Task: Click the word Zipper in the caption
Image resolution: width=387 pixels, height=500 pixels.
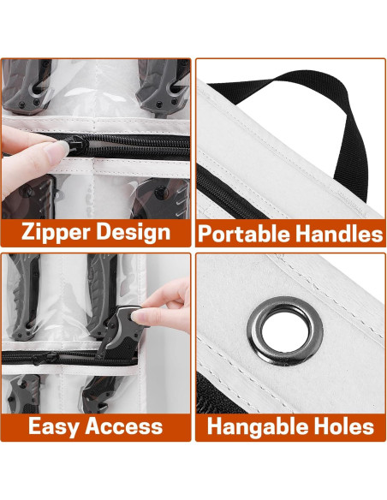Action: pos(57,232)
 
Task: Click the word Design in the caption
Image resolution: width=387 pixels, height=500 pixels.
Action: pos(134,232)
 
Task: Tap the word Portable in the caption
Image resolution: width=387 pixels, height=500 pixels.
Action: pos(244,234)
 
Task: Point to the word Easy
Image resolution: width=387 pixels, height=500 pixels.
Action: pos(54,426)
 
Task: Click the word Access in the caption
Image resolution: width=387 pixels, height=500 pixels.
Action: pos(124,426)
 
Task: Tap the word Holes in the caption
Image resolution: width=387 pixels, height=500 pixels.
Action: pos(344,426)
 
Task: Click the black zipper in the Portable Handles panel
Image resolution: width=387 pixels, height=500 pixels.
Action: pos(229,195)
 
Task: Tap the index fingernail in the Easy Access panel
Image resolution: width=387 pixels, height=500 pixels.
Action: pos(140,316)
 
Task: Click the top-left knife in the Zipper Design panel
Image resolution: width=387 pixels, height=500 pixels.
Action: pos(27,86)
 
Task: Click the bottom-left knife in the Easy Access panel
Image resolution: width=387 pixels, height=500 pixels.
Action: pos(24,394)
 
